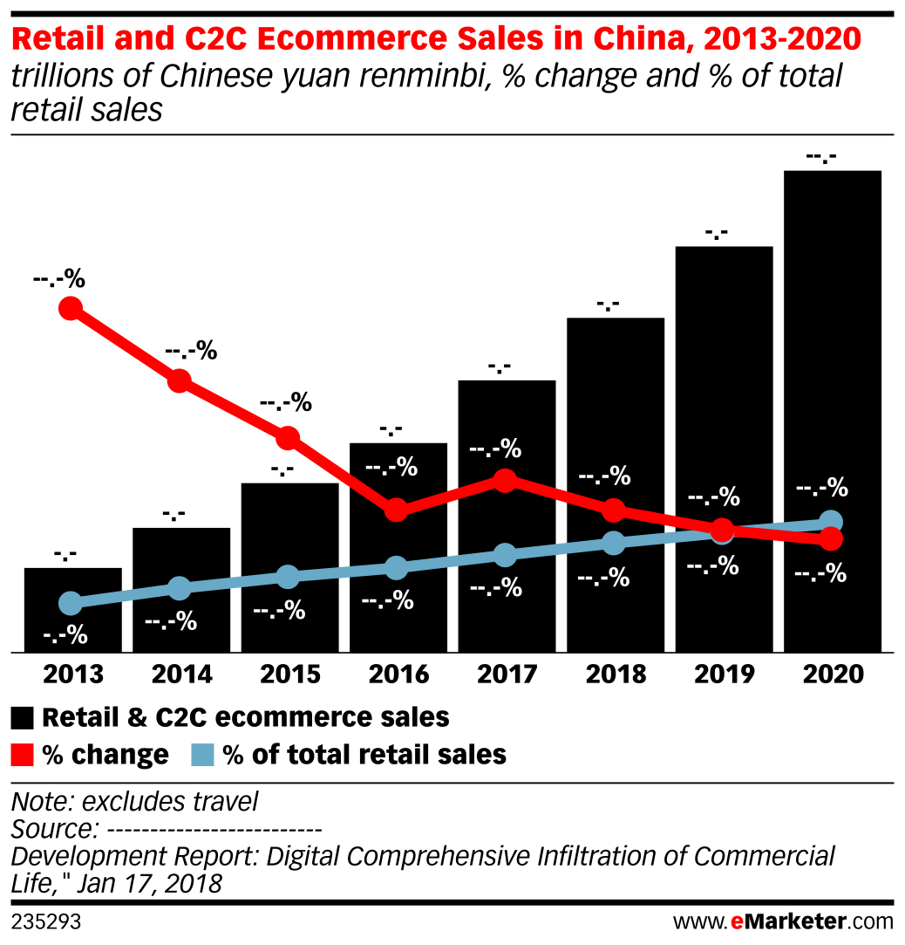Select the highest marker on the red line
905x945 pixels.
click(71, 308)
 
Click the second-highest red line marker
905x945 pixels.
click(179, 380)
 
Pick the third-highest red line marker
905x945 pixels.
click(288, 437)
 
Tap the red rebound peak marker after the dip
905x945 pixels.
click(505, 480)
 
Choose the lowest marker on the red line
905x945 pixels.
click(831, 538)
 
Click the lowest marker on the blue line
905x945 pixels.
click(71, 603)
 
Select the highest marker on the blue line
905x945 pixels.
click(831, 522)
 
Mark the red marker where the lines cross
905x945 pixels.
click(722, 530)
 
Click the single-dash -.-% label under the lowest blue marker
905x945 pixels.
click(65, 636)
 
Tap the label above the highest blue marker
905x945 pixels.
click(821, 487)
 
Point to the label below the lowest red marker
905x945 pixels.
click(820, 573)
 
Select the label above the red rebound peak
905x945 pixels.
click(495, 449)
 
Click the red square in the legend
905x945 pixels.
click(23, 755)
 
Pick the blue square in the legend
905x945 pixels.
click(202, 755)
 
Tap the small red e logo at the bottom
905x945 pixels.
click(737, 922)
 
